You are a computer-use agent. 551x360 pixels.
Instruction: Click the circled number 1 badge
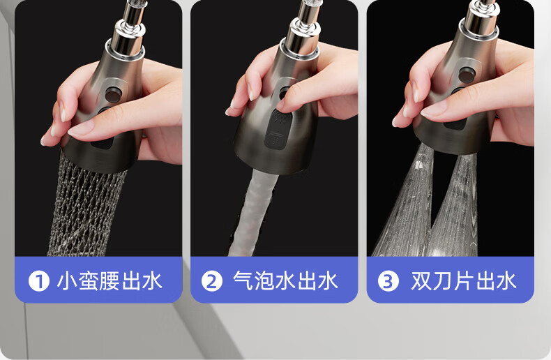click(x=38, y=281)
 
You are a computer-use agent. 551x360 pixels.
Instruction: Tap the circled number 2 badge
click(x=212, y=281)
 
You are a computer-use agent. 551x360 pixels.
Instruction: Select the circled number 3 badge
click(x=388, y=281)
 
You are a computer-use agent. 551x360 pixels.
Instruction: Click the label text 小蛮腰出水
click(x=110, y=281)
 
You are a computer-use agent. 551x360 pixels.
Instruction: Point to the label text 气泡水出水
click(x=285, y=281)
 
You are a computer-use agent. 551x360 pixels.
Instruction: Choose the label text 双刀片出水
click(x=464, y=281)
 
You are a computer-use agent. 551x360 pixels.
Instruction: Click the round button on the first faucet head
click(x=114, y=95)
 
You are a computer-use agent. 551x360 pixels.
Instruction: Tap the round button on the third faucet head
click(x=467, y=75)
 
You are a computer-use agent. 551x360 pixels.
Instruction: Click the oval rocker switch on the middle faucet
click(x=278, y=129)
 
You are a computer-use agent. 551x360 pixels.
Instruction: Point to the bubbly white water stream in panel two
click(x=252, y=213)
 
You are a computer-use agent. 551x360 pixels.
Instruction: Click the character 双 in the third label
click(x=421, y=281)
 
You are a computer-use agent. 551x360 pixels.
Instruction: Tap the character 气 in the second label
click(x=243, y=281)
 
